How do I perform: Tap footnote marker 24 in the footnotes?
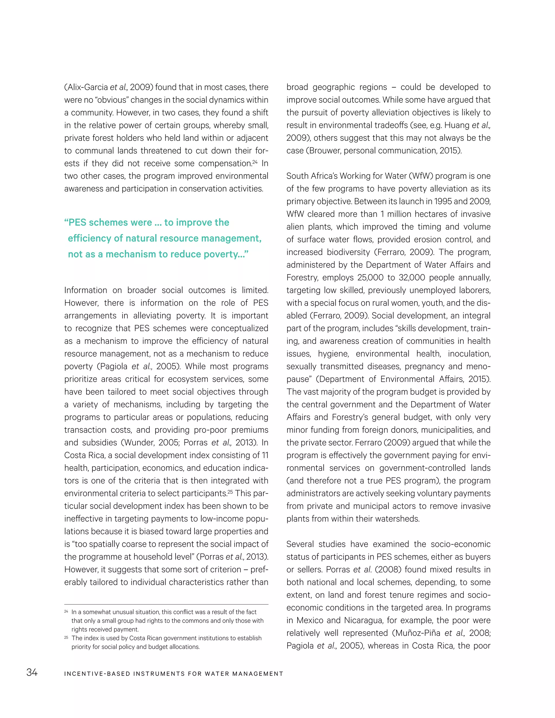(x=66, y=612)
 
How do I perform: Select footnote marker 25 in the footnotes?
(x=66, y=638)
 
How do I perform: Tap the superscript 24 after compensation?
(x=254, y=161)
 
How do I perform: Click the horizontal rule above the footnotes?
(x=166, y=604)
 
